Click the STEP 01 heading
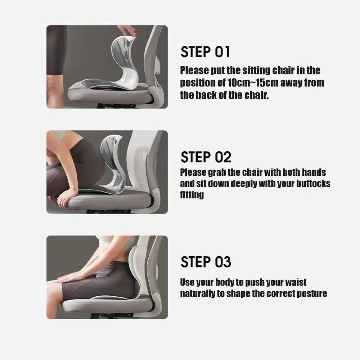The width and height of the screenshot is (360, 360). tap(205, 52)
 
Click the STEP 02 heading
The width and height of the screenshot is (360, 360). tap(206, 157)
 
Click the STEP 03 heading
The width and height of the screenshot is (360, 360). tap(206, 262)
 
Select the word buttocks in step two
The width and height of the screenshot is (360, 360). tap(313, 184)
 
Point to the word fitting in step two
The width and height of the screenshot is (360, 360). tap(192, 195)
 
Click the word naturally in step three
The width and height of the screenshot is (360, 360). tap(198, 293)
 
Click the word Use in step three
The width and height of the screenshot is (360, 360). tap(187, 282)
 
